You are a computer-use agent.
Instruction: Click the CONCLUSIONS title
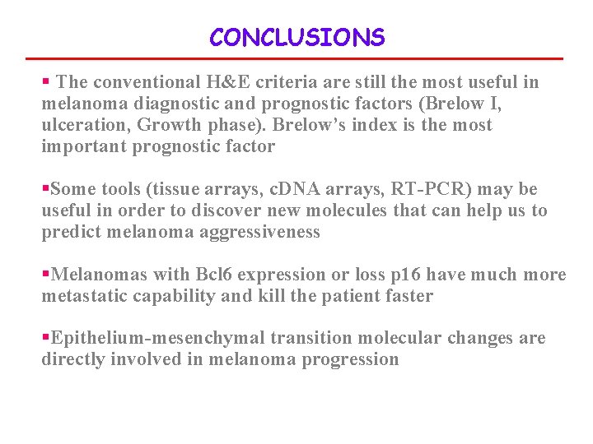[296, 38]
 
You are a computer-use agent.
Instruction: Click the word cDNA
[294, 189]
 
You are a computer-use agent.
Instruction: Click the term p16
[378, 275]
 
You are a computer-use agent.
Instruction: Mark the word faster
[405, 296]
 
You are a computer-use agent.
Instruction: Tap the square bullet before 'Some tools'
[45, 189]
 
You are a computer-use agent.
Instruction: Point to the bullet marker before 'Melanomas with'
[45, 275]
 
